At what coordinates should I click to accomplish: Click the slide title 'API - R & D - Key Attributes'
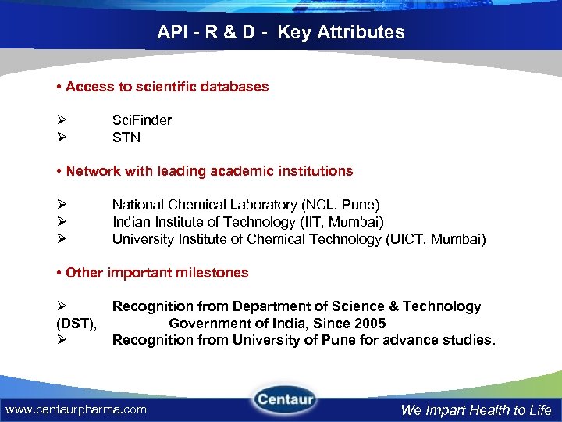(281, 32)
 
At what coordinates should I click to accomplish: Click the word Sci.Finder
(142, 120)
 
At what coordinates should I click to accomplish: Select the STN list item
(126, 138)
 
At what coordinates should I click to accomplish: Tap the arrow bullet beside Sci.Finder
(61, 120)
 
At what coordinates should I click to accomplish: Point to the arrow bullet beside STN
(61, 138)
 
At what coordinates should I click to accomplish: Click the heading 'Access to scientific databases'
(167, 87)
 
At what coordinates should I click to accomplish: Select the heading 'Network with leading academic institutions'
(209, 171)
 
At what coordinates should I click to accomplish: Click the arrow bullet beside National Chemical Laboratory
(61, 206)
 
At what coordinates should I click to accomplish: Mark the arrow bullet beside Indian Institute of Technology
(61, 223)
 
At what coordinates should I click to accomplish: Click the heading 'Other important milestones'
(157, 273)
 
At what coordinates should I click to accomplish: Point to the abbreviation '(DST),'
(76, 324)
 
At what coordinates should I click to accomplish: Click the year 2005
(370, 324)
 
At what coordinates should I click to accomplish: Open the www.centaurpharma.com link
(76, 409)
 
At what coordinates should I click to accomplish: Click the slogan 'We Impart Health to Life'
(476, 409)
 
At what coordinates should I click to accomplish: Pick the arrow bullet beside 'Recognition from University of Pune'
(61, 340)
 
